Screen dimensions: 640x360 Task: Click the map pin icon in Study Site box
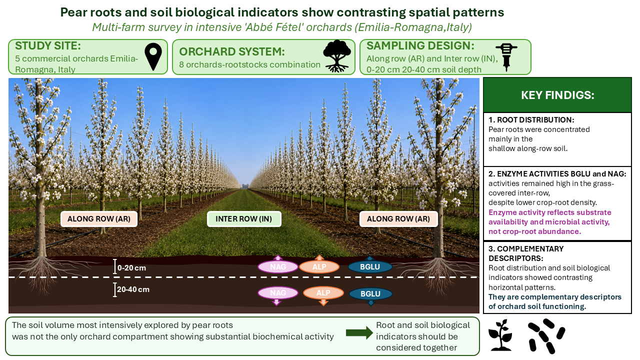153,56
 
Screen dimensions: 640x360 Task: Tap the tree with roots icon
337,56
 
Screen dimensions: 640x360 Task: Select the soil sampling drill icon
506,57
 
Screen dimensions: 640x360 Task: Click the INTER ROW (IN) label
243,219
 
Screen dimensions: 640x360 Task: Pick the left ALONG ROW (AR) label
99,219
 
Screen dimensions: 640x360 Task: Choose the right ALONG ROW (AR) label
398,219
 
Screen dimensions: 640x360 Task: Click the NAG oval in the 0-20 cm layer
277,267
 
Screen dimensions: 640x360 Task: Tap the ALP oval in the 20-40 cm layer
323,293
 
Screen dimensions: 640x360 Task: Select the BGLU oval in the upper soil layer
370,267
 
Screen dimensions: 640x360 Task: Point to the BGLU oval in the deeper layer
370,293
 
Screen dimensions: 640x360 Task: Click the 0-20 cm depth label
131,268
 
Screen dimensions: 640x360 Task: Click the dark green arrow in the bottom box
359,332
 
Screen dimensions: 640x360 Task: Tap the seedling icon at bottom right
500,335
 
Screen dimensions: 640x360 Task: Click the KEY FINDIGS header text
557,95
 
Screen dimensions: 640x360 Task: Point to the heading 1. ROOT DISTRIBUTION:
531,119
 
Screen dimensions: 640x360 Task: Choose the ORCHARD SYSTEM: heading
232,51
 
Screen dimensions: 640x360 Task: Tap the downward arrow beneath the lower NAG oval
276,302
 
